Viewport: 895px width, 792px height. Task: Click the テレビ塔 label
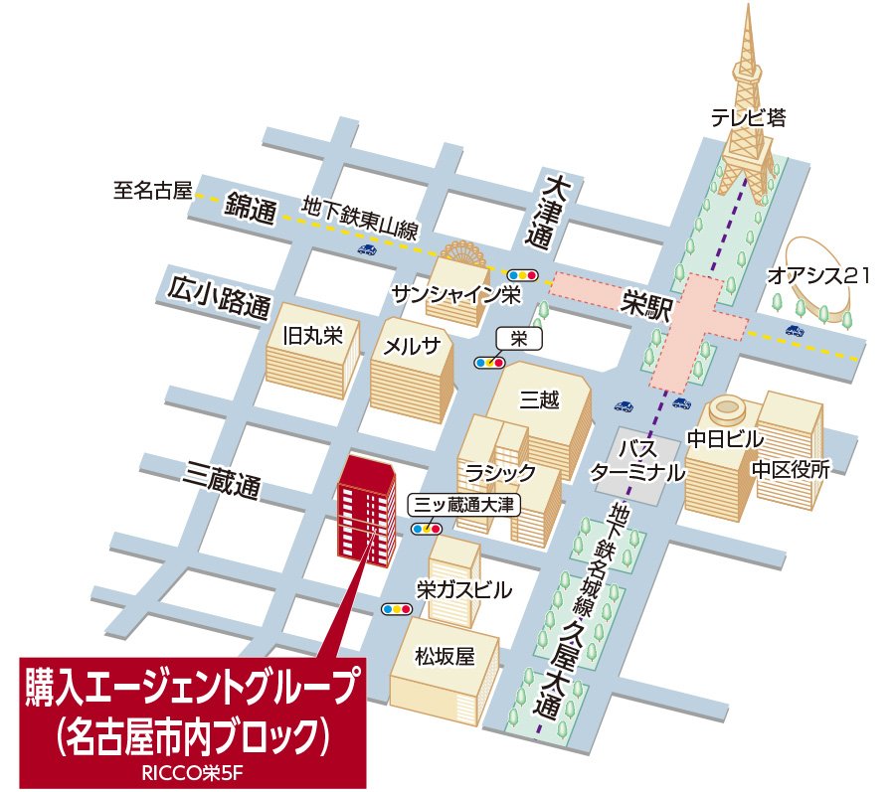point(748,118)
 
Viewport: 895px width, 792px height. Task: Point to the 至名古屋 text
point(151,191)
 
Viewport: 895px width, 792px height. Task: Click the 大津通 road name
point(553,213)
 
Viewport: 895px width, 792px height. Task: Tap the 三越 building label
point(540,399)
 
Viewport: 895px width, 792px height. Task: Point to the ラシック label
point(501,472)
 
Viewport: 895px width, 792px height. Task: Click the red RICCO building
point(366,512)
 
